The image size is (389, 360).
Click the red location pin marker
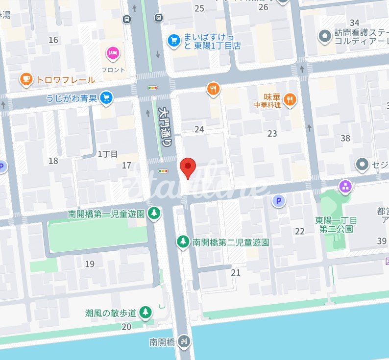click(188, 168)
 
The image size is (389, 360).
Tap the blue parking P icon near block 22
click(279, 200)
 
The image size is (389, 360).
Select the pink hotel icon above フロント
click(113, 54)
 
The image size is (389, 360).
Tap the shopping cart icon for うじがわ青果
click(106, 98)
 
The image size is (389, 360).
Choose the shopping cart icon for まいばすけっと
click(174, 41)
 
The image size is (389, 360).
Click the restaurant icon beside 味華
click(290, 99)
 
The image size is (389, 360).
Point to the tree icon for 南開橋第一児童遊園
click(154, 214)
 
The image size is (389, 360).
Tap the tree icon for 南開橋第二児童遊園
click(183, 241)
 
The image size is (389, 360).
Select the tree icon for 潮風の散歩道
click(146, 312)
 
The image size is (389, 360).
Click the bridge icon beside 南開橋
click(184, 341)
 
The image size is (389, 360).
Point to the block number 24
click(199, 130)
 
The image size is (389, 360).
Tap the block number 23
click(272, 133)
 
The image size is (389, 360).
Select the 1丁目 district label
click(108, 154)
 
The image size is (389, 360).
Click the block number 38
click(345, 138)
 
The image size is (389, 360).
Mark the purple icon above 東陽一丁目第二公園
click(345, 187)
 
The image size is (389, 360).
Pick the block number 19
click(90, 264)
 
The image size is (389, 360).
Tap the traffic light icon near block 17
click(163, 171)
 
